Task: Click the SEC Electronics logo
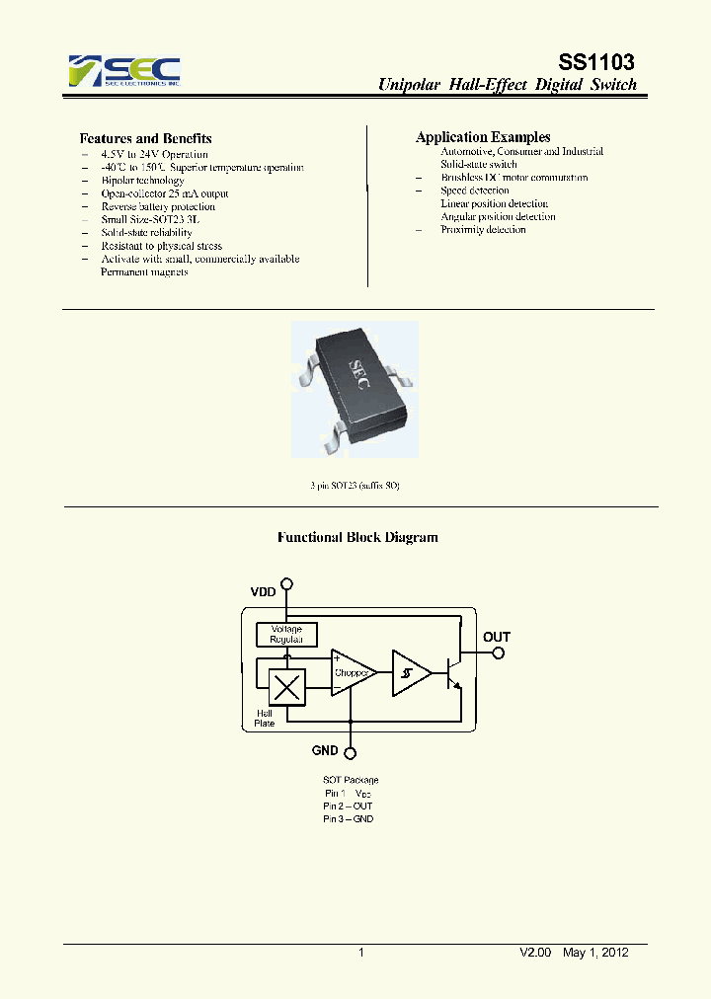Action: tap(124, 72)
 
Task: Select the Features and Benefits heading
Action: tap(145, 138)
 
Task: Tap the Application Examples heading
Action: tap(483, 137)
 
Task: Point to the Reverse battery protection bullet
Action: tap(158, 206)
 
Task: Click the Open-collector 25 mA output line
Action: tap(164, 193)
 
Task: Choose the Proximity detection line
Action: tap(483, 229)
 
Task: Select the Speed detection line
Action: tap(474, 191)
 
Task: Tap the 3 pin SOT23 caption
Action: tap(355, 486)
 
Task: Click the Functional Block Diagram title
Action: tap(356, 538)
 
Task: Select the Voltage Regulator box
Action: tap(286, 634)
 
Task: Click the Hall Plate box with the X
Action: tap(287, 686)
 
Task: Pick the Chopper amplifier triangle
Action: tap(352, 671)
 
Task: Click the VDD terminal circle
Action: tap(287, 583)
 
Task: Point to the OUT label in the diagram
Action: tap(497, 637)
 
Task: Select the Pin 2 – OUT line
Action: tap(349, 806)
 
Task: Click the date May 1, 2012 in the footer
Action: tap(595, 953)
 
